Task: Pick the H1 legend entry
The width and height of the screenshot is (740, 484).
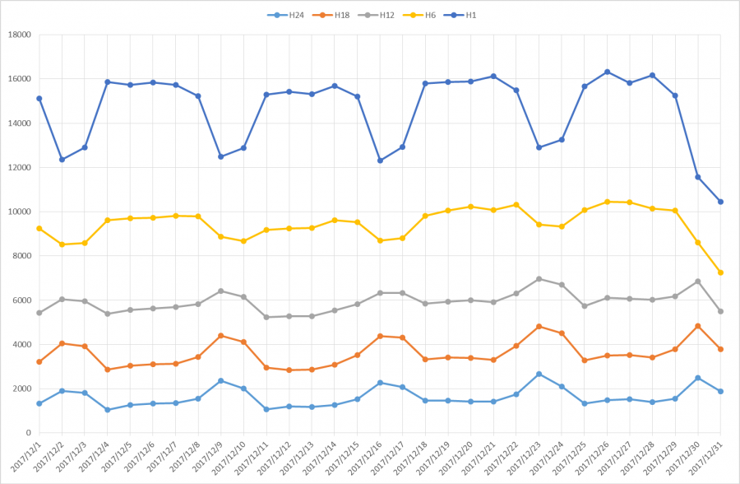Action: pyautogui.click(x=467, y=15)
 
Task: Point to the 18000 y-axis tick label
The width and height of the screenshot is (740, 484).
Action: pyautogui.click(x=18, y=35)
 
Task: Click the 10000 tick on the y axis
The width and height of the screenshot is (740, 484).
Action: pyautogui.click(x=18, y=212)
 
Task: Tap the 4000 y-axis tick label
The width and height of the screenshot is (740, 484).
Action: pyautogui.click(x=21, y=344)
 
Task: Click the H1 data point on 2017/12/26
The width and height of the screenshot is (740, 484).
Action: pyautogui.click(x=607, y=72)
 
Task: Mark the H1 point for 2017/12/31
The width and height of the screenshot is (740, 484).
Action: pyautogui.click(x=720, y=202)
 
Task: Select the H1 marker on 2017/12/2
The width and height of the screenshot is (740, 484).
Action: pyautogui.click(x=62, y=160)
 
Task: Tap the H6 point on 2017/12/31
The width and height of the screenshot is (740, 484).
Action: pyautogui.click(x=720, y=272)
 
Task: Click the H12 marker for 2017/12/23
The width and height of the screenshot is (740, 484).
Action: pyautogui.click(x=539, y=279)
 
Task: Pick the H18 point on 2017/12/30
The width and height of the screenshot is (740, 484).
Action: pyautogui.click(x=698, y=326)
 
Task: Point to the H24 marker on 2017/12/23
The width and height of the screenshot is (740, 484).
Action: pyautogui.click(x=539, y=374)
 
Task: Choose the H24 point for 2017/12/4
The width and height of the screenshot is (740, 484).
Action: pyautogui.click(x=108, y=409)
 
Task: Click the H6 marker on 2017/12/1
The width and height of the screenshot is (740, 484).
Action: pyautogui.click(x=39, y=228)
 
